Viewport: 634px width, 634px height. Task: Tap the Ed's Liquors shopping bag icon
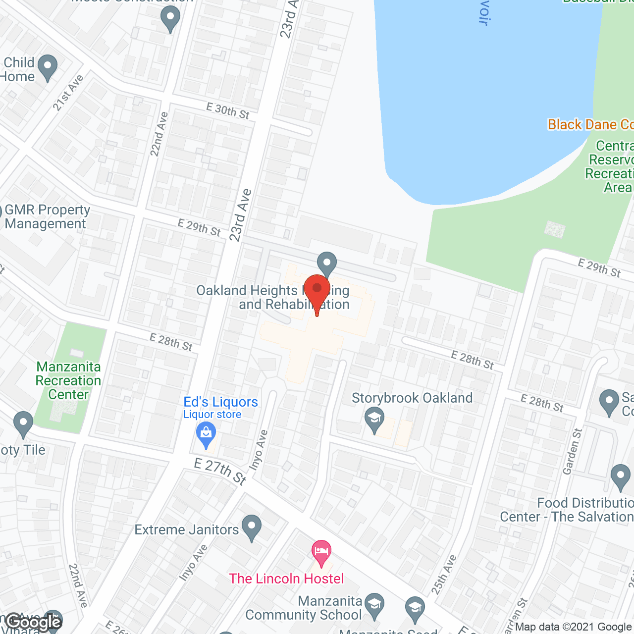tap(206, 434)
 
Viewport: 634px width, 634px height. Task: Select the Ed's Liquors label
tap(220, 402)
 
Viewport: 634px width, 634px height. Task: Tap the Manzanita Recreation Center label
tap(68, 380)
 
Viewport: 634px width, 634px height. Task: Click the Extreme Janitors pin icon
tap(252, 528)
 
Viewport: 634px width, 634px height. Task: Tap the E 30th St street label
tap(228, 110)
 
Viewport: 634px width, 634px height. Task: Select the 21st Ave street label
tap(68, 93)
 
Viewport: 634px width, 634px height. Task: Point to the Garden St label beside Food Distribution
tap(572, 451)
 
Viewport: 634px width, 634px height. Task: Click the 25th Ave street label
tap(444, 575)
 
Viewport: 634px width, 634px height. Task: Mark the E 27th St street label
tap(220, 471)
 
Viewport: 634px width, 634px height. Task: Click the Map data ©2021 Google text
tap(574, 627)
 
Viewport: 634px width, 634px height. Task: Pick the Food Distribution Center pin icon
tap(620, 477)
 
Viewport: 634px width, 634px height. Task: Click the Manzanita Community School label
tap(304, 608)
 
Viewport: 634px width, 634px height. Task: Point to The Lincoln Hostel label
tap(286, 579)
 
